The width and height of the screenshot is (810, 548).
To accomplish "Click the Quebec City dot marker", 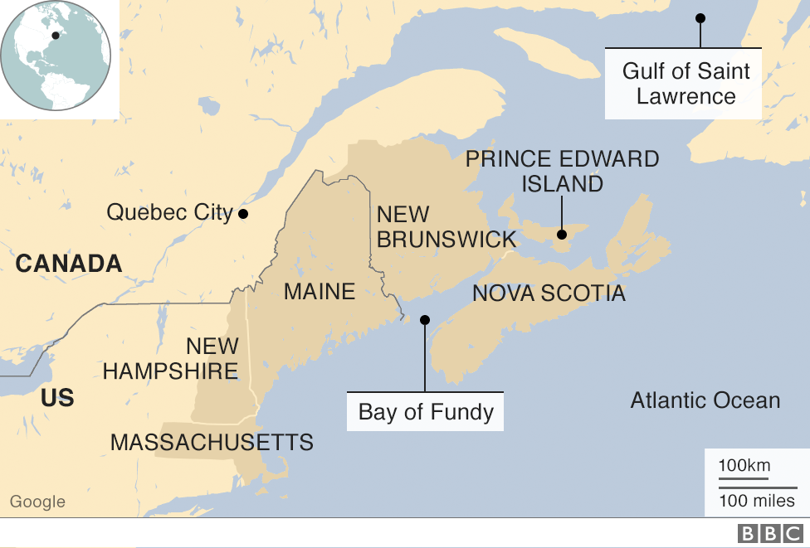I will (243, 214).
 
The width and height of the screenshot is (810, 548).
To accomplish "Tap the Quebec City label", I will (169, 212).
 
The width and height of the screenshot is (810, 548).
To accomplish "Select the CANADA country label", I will (69, 264).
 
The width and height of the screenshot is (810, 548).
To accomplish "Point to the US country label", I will (57, 398).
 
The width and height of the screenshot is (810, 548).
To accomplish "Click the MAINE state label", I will (320, 292).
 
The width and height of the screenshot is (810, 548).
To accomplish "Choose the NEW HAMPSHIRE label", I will (171, 358).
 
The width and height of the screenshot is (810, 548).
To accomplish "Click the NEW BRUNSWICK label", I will (446, 227).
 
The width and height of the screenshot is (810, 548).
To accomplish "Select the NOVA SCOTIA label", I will (549, 293).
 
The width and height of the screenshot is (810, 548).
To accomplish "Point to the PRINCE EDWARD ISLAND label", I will (562, 171).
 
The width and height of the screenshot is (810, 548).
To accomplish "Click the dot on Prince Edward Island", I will (562, 235).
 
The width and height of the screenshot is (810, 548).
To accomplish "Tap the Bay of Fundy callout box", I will (426, 412).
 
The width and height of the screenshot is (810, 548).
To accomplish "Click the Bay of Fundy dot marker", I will (425, 319).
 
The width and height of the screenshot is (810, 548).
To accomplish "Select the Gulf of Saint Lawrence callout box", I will (686, 84).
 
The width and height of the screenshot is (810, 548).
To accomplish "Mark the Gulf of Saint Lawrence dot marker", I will (700, 18).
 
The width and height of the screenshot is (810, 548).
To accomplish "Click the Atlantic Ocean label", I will (705, 400).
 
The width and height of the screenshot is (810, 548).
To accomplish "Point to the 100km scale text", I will (744, 465).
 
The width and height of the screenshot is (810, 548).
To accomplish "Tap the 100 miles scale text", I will (756, 501).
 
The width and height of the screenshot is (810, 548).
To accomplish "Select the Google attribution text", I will (37, 502).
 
